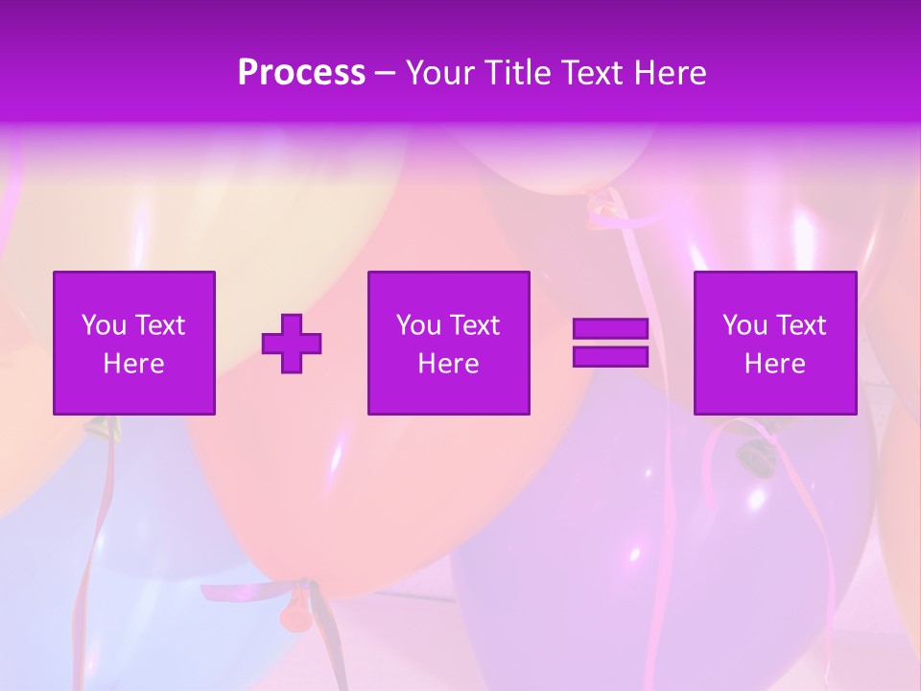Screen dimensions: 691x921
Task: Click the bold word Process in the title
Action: (301, 73)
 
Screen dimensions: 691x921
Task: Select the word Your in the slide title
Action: (440, 73)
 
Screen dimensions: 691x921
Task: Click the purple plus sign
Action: (292, 344)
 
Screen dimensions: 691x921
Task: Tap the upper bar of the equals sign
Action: (610, 329)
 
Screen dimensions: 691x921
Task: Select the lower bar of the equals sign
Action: (610, 356)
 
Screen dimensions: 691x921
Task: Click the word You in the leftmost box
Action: (104, 325)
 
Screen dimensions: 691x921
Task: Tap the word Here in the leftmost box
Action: (134, 364)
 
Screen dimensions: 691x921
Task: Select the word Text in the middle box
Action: (476, 325)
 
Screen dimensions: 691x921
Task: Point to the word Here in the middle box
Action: (449, 364)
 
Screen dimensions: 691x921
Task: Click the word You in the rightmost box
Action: (744, 325)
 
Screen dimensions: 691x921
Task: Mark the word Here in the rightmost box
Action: (775, 364)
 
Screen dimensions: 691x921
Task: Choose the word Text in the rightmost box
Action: (802, 325)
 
